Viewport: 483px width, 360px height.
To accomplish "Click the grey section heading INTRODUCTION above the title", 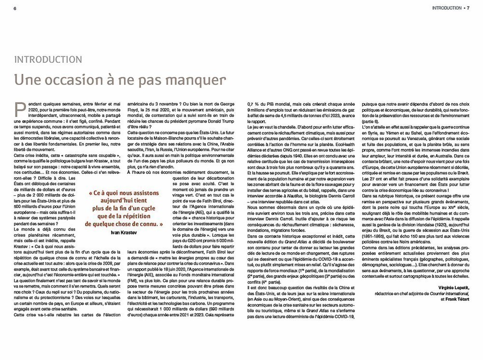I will (x=47, y=60).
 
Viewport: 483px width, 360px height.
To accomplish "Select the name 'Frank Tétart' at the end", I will (x=455, y=299).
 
